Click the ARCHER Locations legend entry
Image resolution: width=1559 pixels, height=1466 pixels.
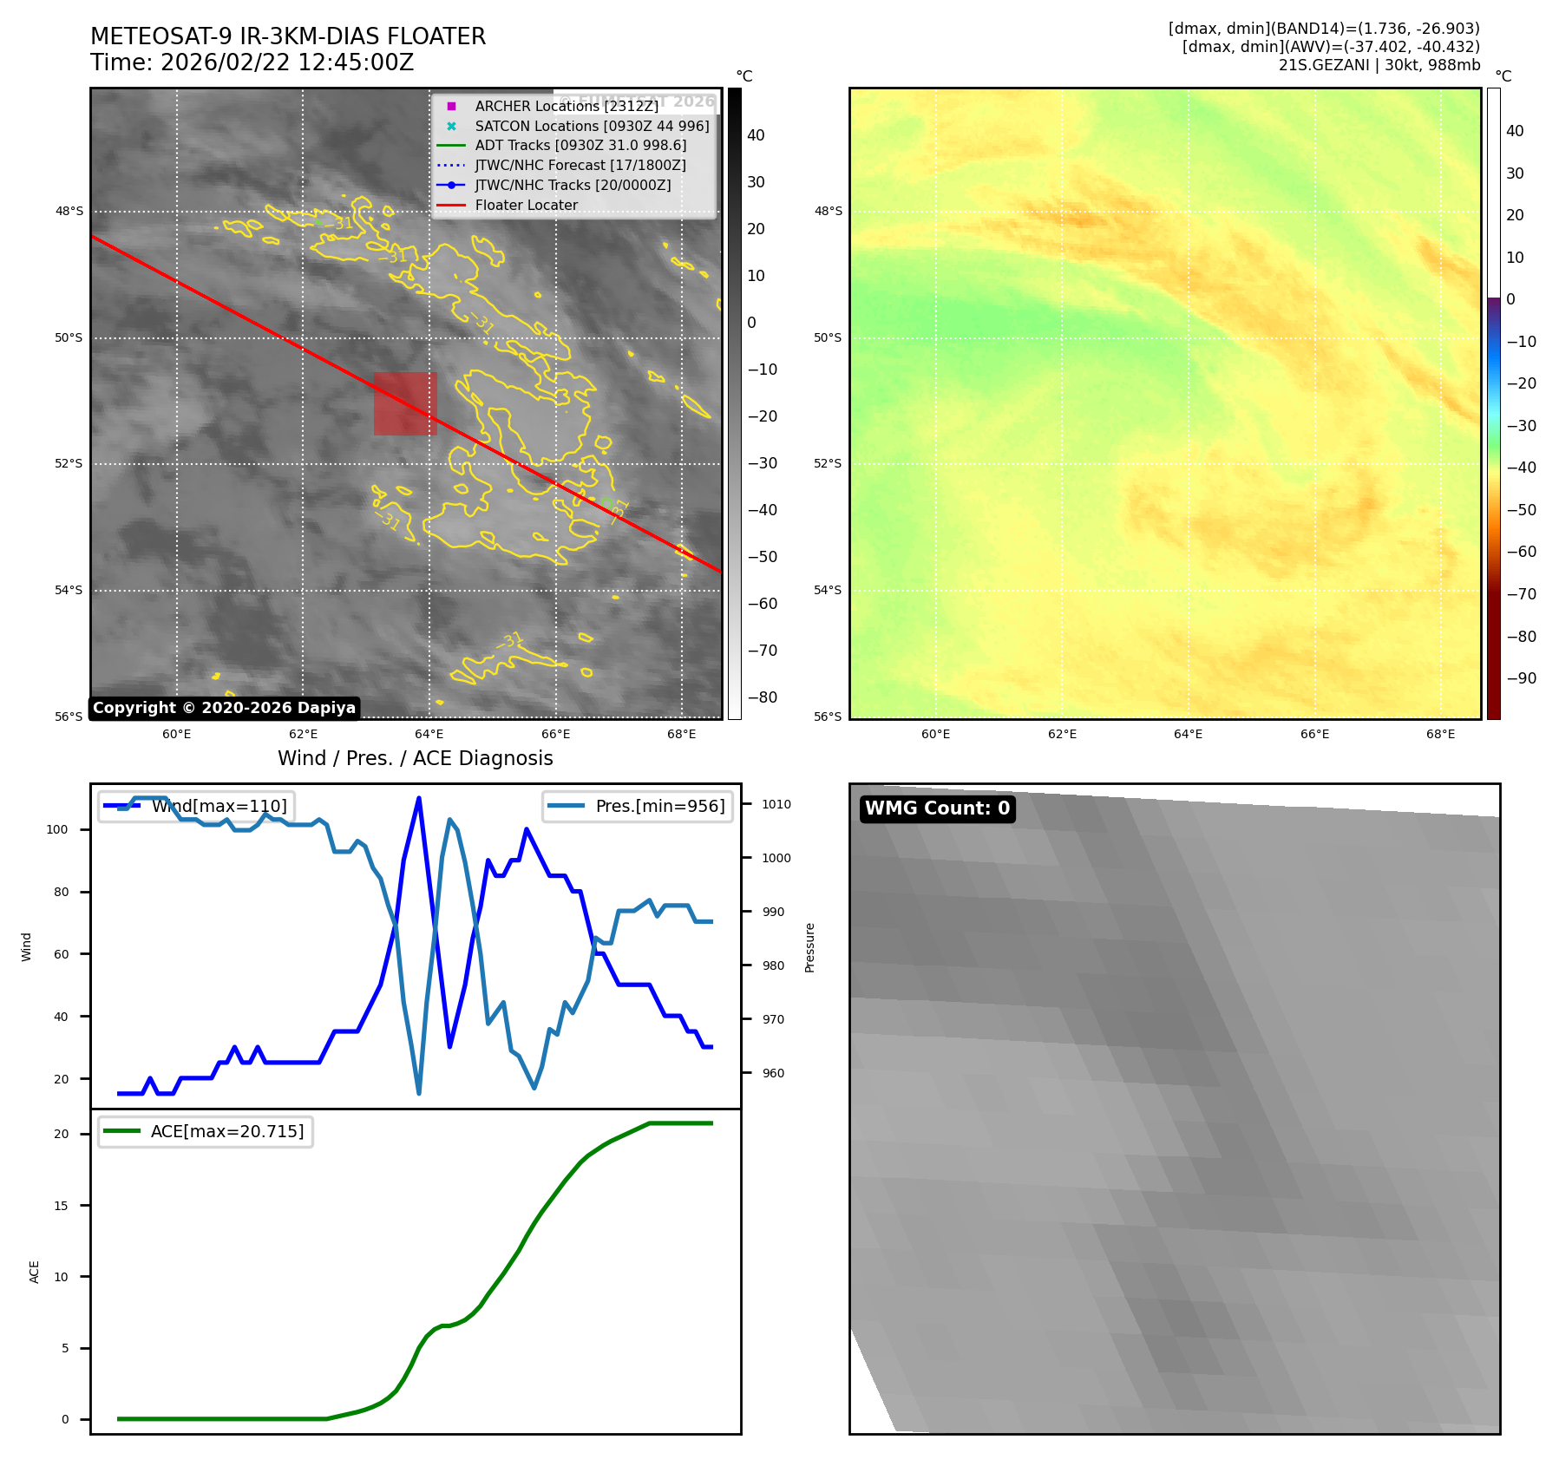click(x=566, y=106)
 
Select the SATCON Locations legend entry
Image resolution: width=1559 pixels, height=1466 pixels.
click(x=592, y=126)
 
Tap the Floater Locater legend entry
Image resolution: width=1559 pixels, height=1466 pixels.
click(x=526, y=206)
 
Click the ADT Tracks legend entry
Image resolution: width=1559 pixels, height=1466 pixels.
click(x=580, y=146)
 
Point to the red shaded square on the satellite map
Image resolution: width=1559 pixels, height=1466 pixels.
click(x=405, y=403)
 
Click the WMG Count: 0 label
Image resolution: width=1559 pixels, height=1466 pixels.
click(x=937, y=808)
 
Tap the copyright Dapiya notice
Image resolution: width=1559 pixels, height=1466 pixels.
click(x=224, y=708)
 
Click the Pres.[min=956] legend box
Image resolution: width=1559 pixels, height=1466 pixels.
click(x=638, y=806)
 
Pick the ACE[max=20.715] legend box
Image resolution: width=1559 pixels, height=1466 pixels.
click(x=206, y=1131)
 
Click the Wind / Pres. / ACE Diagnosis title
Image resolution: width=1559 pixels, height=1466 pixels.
click(x=415, y=758)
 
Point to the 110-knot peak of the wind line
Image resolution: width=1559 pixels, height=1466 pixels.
click(x=419, y=798)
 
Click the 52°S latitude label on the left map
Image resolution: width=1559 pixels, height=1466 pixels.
click(x=69, y=464)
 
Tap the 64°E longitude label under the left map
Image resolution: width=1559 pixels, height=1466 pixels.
click(x=429, y=735)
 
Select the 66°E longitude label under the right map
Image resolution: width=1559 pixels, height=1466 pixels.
click(x=1314, y=735)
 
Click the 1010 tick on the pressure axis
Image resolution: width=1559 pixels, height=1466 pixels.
click(x=776, y=804)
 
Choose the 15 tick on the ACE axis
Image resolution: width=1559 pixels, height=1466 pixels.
click(x=61, y=1206)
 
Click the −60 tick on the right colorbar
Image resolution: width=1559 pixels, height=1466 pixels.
click(x=1521, y=552)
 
